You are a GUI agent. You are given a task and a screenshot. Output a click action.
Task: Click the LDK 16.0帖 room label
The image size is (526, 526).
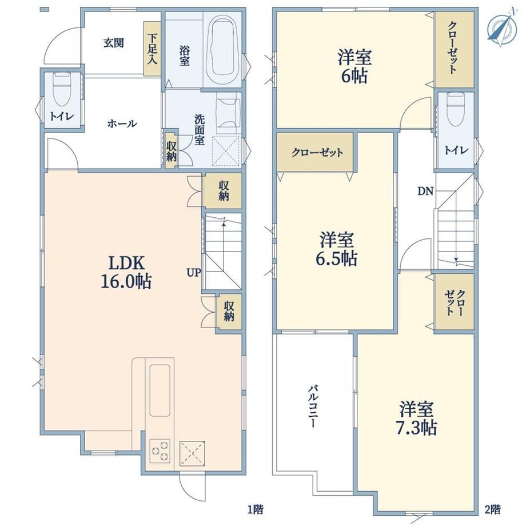126,272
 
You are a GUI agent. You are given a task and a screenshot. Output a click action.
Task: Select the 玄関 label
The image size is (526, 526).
113,43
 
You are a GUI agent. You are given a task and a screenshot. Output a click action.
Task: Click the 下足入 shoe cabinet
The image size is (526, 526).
152,49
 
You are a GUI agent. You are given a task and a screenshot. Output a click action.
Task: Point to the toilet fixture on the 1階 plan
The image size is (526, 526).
62,89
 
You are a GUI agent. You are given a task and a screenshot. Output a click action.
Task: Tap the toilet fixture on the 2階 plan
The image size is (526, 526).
456,109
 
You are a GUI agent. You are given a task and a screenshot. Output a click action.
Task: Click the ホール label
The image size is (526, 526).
122,124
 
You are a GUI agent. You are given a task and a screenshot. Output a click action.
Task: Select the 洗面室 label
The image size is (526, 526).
200,130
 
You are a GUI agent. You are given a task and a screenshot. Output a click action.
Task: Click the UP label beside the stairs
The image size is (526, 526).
194,272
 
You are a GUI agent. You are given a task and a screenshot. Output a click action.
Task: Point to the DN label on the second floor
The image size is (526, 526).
425,191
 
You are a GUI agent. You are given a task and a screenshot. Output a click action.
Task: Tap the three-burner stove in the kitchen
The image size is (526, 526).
160,451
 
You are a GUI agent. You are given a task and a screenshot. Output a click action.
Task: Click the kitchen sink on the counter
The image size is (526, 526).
160,390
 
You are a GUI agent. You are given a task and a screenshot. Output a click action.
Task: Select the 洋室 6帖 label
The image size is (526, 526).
354,66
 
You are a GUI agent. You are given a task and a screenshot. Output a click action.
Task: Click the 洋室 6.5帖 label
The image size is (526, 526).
336,249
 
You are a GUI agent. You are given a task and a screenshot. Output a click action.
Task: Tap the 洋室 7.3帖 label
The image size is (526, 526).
416,418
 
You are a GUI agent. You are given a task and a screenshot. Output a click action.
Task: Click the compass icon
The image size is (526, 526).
501,28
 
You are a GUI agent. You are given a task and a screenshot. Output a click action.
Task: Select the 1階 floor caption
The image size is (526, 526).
256,510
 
